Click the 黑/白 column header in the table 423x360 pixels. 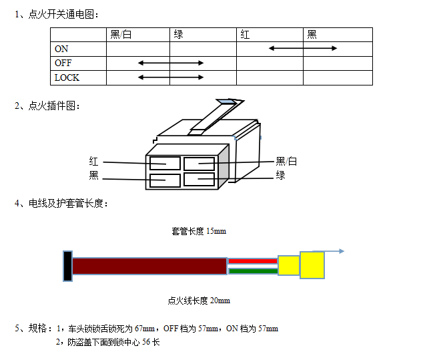121,35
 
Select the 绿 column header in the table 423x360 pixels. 178,35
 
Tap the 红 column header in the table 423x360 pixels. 245,35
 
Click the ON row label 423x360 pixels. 61,49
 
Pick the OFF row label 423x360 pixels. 63,63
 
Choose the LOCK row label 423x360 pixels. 67,77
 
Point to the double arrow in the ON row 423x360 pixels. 303,48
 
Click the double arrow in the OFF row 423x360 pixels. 171,63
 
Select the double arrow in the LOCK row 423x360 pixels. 171,77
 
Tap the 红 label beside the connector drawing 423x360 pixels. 93,162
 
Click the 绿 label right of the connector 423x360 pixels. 281,175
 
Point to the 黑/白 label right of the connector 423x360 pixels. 286,162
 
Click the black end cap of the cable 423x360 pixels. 67,266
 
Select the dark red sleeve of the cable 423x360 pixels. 149,266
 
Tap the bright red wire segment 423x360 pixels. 253,261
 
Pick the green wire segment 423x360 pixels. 253,271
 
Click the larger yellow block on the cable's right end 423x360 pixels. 312,265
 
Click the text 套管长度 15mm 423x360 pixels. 199,231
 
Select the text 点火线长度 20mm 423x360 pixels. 199,301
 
